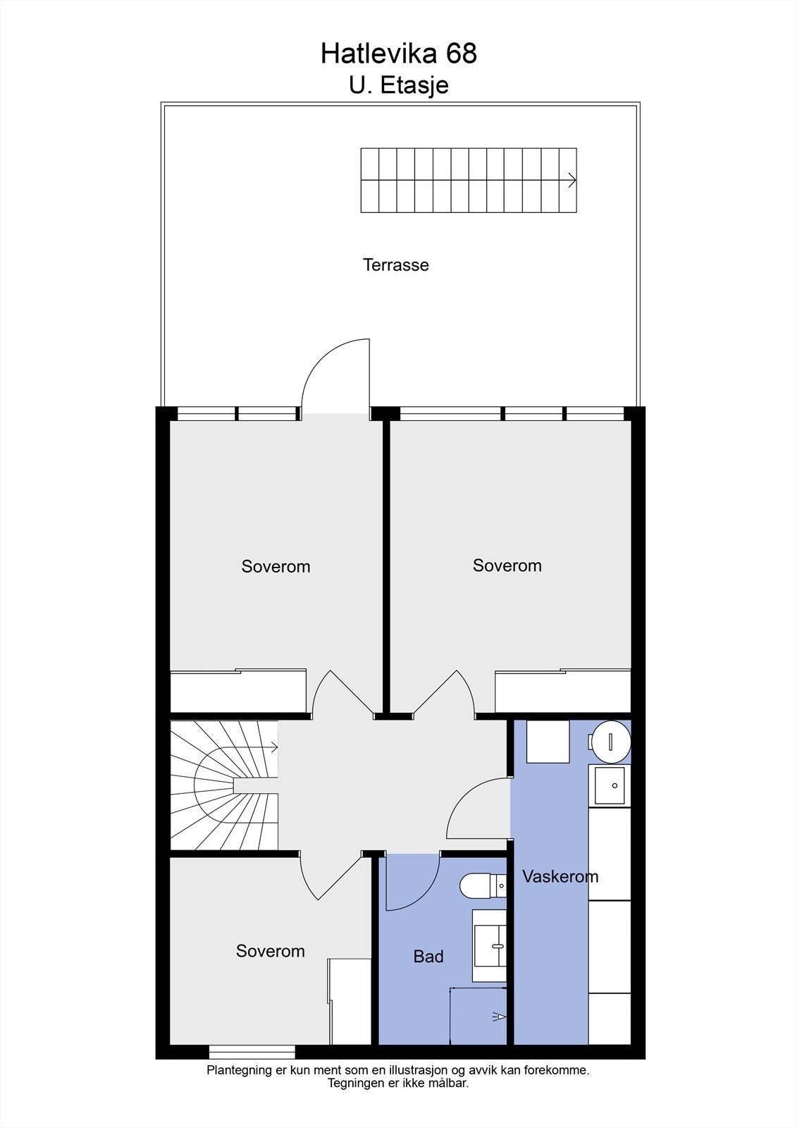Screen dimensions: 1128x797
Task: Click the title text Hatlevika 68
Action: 399,54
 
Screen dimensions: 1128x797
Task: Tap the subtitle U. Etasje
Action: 399,85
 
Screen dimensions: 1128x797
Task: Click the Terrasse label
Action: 395,265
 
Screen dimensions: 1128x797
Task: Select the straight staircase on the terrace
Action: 469,180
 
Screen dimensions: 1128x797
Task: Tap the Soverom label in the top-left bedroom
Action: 276,567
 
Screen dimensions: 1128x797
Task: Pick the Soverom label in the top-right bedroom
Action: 507,565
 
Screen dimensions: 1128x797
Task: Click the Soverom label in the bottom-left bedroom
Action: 270,951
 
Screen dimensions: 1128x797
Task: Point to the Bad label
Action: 428,957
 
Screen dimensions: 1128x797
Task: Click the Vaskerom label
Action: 560,876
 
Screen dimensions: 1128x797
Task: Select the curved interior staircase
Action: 224,785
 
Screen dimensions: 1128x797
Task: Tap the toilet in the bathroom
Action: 482,885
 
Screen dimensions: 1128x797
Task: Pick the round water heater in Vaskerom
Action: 610,741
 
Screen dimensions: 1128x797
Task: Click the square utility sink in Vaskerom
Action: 610,785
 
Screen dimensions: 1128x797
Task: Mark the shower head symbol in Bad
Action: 499,1016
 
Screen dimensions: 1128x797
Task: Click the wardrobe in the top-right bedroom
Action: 562,691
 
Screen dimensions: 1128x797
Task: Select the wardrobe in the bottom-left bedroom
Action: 350,1001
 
